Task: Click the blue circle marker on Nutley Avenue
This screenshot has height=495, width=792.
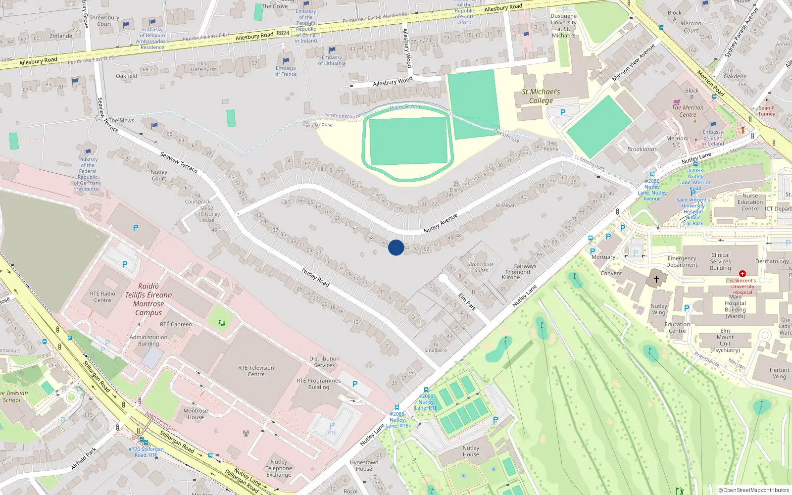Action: pyautogui.click(x=396, y=247)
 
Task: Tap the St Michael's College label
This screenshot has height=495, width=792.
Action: pyautogui.click(x=541, y=96)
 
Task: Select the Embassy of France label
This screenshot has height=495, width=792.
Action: pyautogui.click(x=286, y=71)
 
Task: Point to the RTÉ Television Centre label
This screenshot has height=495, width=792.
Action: pyautogui.click(x=256, y=371)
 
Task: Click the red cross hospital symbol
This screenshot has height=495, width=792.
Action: pyautogui.click(x=742, y=274)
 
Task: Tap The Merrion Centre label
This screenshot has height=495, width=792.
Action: pyautogui.click(x=688, y=111)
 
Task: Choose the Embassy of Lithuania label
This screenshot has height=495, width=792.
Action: pyautogui.click(x=332, y=60)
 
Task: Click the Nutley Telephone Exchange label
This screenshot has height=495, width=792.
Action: pyautogui.click(x=279, y=468)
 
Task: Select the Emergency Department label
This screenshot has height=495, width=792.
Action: pyautogui.click(x=682, y=261)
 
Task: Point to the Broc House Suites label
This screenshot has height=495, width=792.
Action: pyautogui.click(x=481, y=267)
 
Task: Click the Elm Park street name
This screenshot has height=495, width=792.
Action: pyautogui.click(x=467, y=301)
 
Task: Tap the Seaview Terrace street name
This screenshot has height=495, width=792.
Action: pyautogui.click(x=179, y=162)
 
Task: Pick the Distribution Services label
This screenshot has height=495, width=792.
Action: pyautogui.click(x=324, y=362)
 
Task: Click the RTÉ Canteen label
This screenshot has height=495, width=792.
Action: pyautogui.click(x=176, y=324)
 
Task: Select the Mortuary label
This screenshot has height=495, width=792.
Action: pyautogui.click(x=603, y=257)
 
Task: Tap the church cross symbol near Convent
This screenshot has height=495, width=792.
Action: pyautogui.click(x=656, y=279)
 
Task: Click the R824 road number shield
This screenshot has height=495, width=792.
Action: pyautogui.click(x=283, y=33)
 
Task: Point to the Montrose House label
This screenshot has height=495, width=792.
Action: pyautogui.click(x=196, y=414)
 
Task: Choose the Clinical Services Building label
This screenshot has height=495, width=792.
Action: pyautogui.click(x=720, y=261)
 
